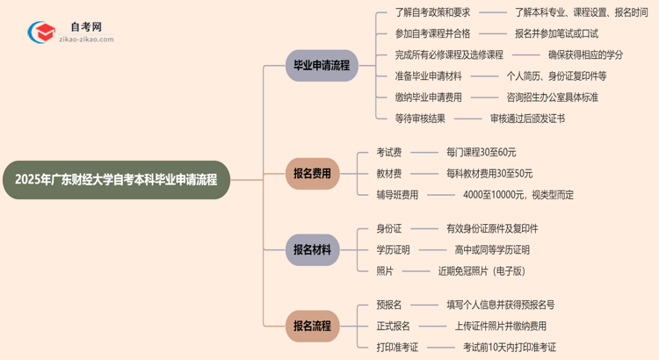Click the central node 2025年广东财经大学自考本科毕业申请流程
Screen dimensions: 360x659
[x=116, y=180]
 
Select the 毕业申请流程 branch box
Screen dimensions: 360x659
[x=322, y=66]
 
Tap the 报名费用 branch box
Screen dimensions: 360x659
[x=313, y=174]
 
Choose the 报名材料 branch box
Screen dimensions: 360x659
[x=313, y=249]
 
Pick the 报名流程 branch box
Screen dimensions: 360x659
[x=313, y=326]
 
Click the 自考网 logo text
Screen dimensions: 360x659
[x=85, y=27]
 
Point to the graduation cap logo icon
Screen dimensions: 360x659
[x=42, y=33]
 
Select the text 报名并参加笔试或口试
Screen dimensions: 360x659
[x=556, y=34]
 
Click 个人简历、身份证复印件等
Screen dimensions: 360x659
[x=557, y=76]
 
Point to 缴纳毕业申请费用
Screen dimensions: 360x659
[x=428, y=97]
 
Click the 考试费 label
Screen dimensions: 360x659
[x=389, y=152]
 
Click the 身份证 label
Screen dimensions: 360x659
[x=389, y=228]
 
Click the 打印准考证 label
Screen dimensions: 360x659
[x=397, y=348]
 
